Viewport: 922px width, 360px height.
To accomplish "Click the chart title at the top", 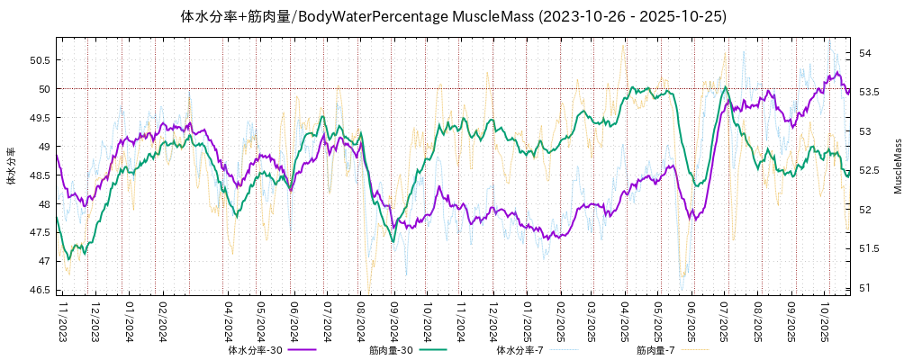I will coord(454,16).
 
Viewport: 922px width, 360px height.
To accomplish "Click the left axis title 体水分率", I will coord(11,166).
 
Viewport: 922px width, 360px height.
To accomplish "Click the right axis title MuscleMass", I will coord(898,166).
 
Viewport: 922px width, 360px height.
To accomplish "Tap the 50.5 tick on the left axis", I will coord(39,60).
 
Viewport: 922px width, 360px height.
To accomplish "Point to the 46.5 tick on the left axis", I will coord(39,290).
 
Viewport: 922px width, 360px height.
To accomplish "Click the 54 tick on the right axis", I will coord(865,54).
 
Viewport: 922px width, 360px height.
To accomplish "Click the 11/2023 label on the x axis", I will coord(63,320).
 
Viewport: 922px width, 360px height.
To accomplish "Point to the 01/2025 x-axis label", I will coord(527,320).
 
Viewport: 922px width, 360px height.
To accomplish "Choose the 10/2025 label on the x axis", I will coord(825,320).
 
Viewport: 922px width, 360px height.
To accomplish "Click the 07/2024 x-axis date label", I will coord(328,320).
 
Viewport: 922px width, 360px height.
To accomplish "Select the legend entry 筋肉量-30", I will coord(391,350).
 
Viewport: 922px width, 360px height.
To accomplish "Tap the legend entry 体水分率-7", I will coord(520,350).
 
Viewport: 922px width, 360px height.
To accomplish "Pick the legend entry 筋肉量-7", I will coord(655,350).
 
